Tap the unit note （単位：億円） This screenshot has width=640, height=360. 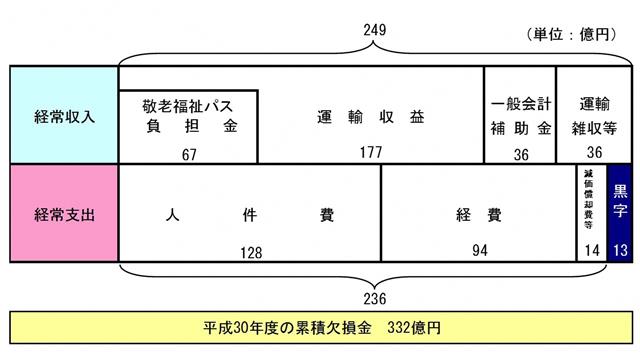coord(570,34)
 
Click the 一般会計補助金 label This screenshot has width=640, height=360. coord(520,116)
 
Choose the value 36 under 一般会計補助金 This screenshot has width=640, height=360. coord(520,153)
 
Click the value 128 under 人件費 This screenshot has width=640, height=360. coord(250,250)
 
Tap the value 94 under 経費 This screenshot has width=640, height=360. coord(480,250)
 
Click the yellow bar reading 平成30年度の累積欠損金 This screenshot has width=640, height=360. coord(320,328)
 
